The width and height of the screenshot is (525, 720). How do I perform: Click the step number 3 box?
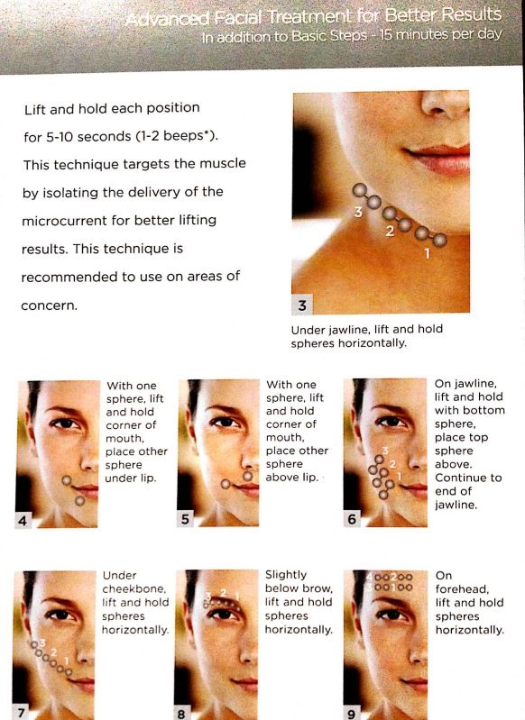[302, 305]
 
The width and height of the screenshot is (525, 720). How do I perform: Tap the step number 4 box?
[23, 520]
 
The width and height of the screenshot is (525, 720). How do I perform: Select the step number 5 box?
[185, 519]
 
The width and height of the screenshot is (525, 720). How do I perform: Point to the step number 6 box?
[352, 519]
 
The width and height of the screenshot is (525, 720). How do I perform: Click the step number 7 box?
[21, 712]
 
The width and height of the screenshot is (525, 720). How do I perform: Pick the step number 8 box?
[181, 714]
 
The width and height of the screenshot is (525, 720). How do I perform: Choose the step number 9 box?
[351, 714]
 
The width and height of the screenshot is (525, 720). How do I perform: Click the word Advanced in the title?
[167, 19]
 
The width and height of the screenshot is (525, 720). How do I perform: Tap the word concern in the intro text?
[50, 305]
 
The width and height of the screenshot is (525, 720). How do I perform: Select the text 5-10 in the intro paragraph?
[60, 136]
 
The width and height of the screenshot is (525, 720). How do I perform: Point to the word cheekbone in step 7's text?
[134, 589]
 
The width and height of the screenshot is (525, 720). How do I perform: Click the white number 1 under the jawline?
[427, 253]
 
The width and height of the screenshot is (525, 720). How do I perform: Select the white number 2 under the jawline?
[390, 232]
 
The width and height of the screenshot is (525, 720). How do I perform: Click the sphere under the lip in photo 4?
[79, 500]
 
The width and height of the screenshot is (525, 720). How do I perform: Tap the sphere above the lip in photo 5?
[248, 476]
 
